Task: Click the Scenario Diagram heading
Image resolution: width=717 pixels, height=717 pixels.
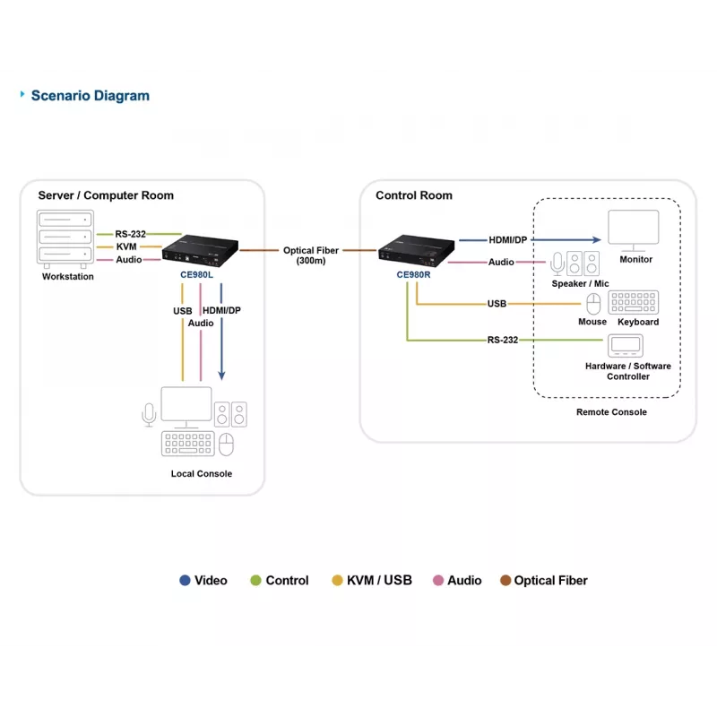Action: [x=91, y=96]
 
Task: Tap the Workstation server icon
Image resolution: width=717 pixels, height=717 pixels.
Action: [x=65, y=238]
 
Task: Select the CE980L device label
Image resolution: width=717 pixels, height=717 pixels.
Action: [x=196, y=275]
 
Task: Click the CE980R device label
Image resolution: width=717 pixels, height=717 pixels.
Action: [x=413, y=275]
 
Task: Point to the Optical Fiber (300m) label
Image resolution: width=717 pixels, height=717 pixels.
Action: [x=311, y=255]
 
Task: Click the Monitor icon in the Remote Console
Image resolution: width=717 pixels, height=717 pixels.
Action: [x=634, y=230]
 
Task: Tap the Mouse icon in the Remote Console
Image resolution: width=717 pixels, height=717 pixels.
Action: [x=593, y=304]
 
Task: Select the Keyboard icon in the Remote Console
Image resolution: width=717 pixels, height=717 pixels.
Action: [x=634, y=302]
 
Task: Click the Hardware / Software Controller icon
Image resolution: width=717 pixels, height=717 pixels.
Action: [x=626, y=345]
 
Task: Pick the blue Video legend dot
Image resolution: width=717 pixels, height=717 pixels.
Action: [x=185, y=580]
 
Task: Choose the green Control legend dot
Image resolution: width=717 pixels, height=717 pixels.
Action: [x=255, y=580]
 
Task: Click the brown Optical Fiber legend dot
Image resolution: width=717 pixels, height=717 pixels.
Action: [x=505, y=580]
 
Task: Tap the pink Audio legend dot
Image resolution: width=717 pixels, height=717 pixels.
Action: [x=438, y=580]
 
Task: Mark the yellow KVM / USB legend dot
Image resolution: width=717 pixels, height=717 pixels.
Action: [x=337, y=580]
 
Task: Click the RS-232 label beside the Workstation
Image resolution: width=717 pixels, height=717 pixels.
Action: [x=130, y=234]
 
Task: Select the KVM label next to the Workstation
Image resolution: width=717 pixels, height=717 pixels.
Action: [x=126, y=247]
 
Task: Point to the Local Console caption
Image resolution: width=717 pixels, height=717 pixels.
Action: [x=202, y=474]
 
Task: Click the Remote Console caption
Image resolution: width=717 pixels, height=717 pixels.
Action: [x=611, y=412]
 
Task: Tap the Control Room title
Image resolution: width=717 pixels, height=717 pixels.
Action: [x=414, y=195]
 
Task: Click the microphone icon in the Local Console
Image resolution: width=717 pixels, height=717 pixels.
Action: [x=149, y=415]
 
